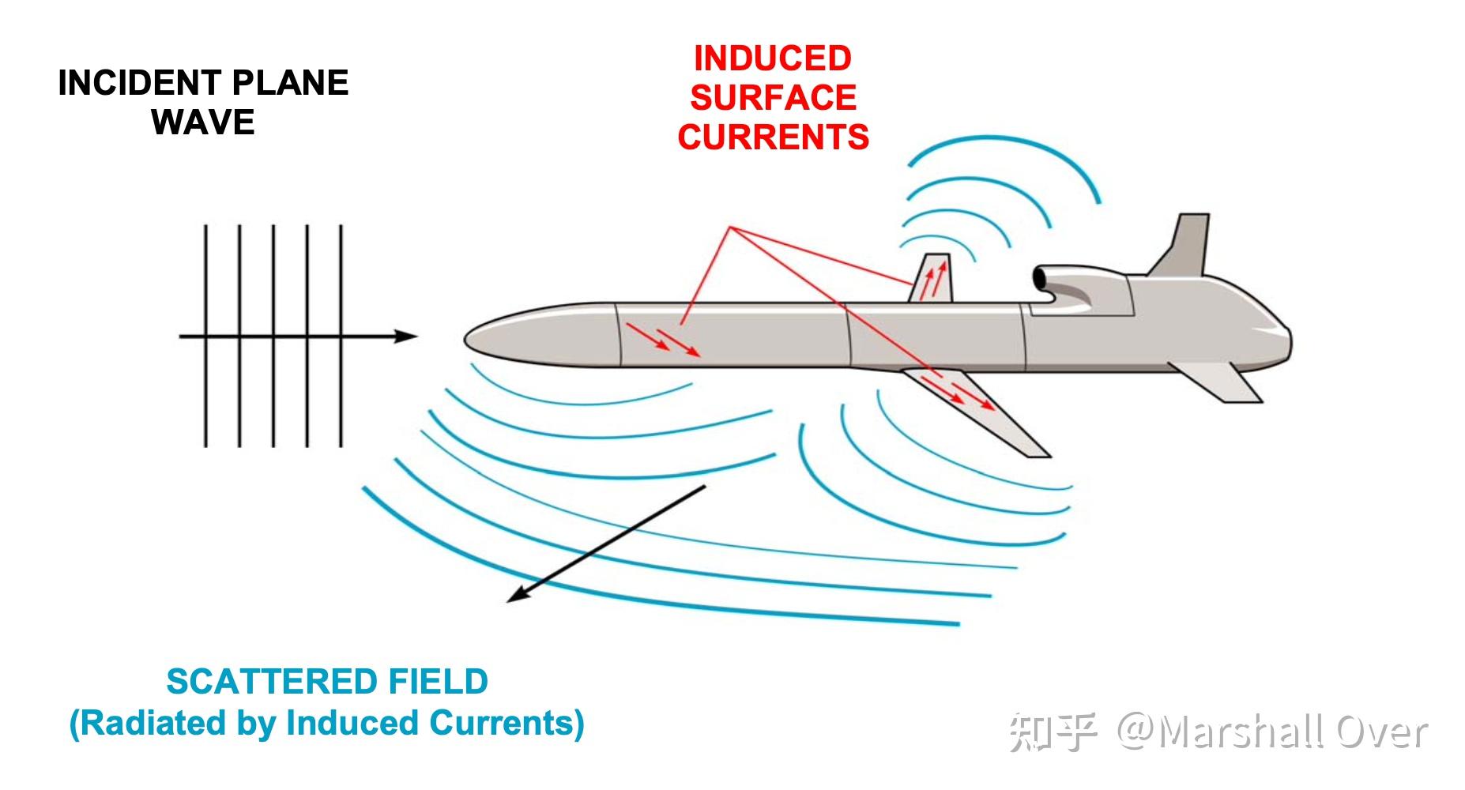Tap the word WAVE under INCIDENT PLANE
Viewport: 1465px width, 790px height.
click(203, 122)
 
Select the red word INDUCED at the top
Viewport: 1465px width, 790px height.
click(772, 58)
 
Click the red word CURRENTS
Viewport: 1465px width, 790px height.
click(773, 137)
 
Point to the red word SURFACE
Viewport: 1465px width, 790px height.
click(773, 98)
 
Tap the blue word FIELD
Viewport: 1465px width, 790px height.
click(439, 682)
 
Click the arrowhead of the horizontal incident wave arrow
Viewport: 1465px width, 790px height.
click(407, 337)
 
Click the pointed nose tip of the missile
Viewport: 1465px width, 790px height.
click(467, 340)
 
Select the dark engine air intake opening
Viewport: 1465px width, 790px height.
click(1038, 278)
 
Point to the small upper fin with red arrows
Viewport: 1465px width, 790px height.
click(933, 278)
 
